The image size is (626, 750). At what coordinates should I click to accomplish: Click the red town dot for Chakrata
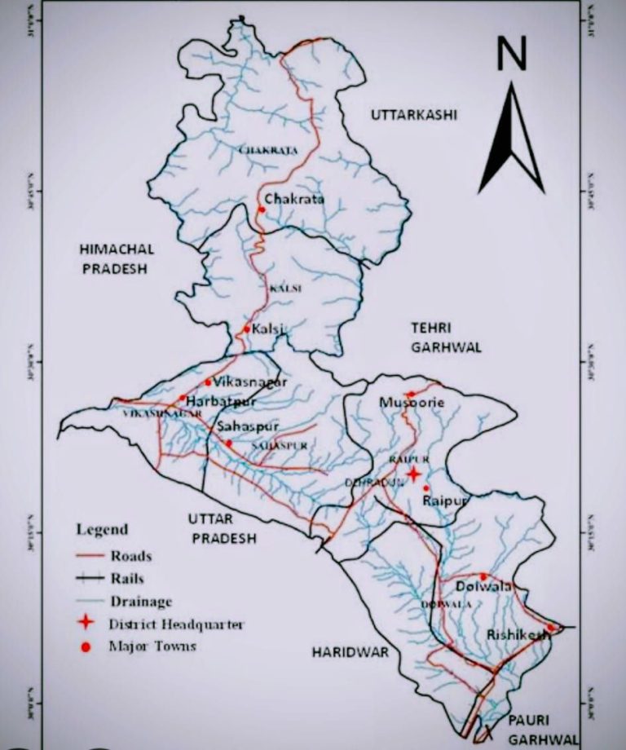pyautogui.click(x=262, y=210)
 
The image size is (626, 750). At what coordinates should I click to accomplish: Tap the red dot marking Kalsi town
pyautogui.click(x=247, y=329)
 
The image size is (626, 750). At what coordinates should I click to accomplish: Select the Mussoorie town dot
pyautogui.click(x=411, y=395)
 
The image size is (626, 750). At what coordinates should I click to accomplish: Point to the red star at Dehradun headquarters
pyautogui.click(x=413, y=474)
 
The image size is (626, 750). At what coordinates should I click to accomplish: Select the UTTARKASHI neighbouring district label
pyautogui.click(x=414, y=115)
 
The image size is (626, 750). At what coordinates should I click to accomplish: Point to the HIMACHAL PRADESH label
pyautogui.click(x=116, y=258)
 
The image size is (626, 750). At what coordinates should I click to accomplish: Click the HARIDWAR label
pyautogui.click(x=350, y=652)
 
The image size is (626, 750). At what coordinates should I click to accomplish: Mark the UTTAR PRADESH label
pyautogui.click(x=221, y=528)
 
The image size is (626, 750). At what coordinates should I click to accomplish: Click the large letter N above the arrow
pyautogui.click(x=511, y=55)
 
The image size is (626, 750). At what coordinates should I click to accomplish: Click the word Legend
pyautogui.click(x=102, y=529)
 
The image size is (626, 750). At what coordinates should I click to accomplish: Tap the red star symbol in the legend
pyautogui.click(x=91, y=624)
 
